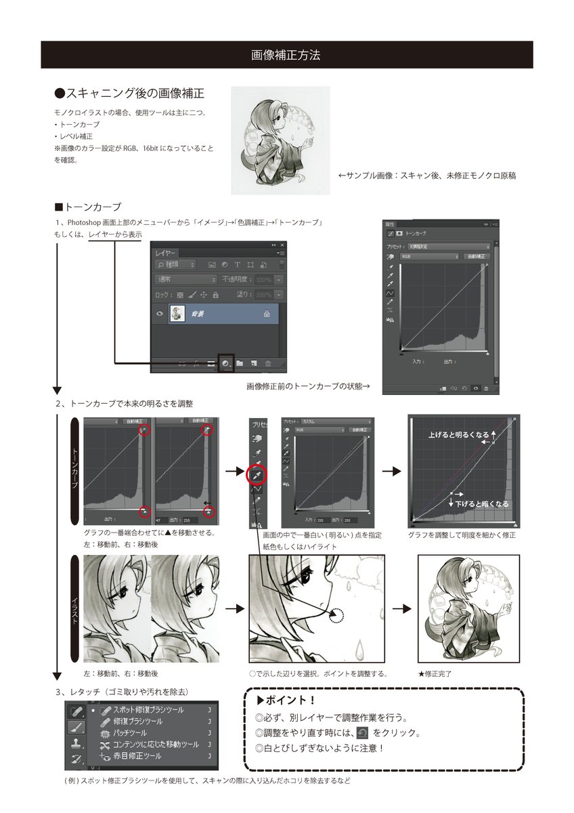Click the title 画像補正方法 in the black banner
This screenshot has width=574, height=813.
click(x=286, y=55)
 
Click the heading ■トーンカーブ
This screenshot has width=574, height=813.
click(x=87, y=207)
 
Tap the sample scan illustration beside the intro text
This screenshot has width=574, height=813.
click(x=280, y=140)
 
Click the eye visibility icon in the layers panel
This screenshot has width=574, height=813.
click(x=160, y=314)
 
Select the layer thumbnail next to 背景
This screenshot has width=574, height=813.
click(x=178, y=314)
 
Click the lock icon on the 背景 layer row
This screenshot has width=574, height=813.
click(x=267, y=314)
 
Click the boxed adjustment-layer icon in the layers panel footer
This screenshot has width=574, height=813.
click(x=225, y=363)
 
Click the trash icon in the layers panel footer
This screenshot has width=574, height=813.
click(x=268, y=364)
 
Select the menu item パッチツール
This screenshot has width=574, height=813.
click(x=129, y=733)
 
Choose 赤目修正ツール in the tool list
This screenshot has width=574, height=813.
click(x=136, y=755)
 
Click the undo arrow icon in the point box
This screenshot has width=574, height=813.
click(x=362, y=733)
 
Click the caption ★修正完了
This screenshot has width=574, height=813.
click(x=435, y=674)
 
